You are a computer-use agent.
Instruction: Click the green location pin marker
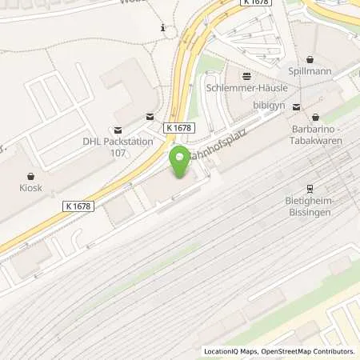click(181, 161)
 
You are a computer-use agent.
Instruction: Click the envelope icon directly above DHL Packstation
click(118, 130)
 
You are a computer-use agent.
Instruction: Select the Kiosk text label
click(31, 191)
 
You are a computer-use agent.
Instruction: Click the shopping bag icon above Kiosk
click(31, 175)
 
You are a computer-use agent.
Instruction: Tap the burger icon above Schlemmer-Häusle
click(246, 76)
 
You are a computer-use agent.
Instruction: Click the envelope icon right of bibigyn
click(297, 106)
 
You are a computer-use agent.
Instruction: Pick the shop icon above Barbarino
click(316, 117)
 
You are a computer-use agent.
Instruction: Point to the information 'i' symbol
click(163, 28)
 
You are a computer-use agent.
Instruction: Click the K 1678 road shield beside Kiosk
click(78, 206)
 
